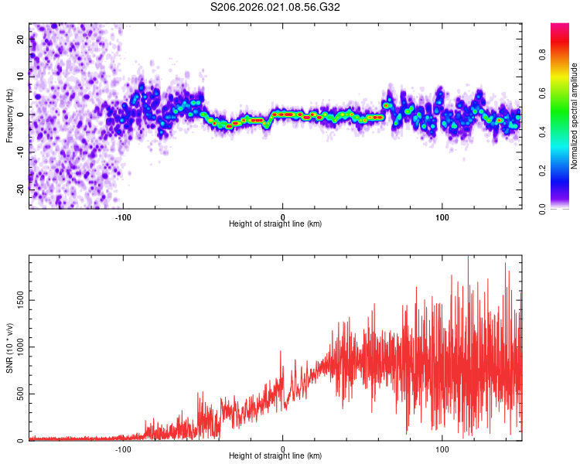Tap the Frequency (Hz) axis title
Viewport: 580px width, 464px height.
click(x=9, y=116)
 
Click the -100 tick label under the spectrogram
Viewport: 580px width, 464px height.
click(x=123, y=217)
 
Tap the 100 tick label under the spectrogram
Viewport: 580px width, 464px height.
click(x=442, y=217)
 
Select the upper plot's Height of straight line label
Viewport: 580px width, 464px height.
click(x=275, y=224)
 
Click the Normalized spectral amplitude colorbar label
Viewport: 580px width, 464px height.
click(x=575, y=116)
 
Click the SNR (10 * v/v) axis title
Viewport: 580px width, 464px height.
click(x=9, y=347)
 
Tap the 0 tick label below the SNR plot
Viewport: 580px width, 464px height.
click(x=283, y=449)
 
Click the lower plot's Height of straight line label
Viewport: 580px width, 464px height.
click(x=275, y=456)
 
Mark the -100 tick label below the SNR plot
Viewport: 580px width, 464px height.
click(x=123, y=449)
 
